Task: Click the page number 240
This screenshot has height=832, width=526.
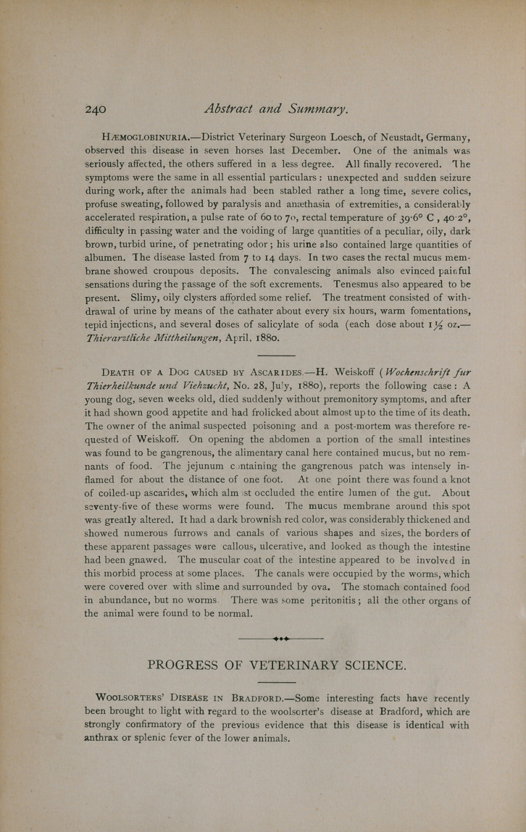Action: (96, 109)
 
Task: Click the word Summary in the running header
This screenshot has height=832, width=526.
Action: (309, 109)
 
